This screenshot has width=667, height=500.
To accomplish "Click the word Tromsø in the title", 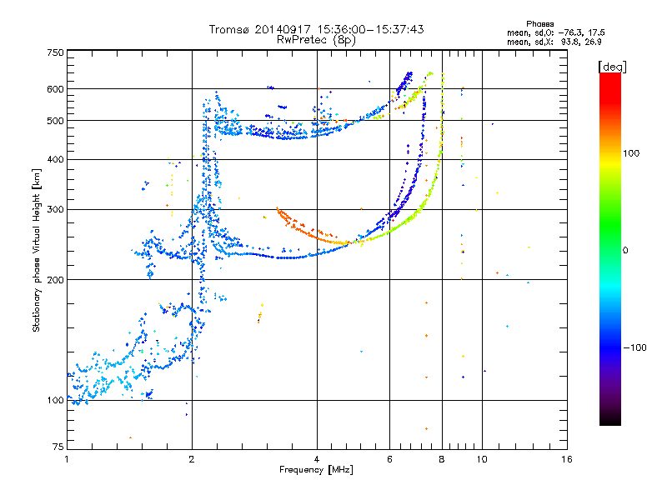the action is pos(230,29).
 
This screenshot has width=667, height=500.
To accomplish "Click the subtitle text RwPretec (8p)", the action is pos(316,40).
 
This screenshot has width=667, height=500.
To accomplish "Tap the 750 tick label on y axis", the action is pos(56,52).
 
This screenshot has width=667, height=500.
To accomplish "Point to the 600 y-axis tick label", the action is pos(56,89).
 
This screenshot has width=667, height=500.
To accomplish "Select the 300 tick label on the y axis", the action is pos(56,210).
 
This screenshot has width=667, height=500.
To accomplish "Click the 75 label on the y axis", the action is pos(58,447).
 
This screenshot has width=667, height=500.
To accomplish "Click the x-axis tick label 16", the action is pos(567,459).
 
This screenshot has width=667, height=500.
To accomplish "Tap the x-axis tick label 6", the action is pos(389,459).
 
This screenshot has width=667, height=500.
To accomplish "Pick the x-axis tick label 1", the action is pos(67,459).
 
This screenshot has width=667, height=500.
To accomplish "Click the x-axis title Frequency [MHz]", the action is pos(316,470).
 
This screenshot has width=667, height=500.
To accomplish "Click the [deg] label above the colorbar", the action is pos(612,67).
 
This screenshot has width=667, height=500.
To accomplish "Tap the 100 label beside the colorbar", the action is pos(631,153).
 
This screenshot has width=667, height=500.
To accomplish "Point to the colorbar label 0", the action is pos(625,251).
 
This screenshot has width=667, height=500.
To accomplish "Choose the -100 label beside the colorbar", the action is pos(635,347).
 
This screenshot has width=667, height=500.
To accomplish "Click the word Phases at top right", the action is pos(539,24).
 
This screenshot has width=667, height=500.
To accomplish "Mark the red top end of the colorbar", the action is pos(610,74).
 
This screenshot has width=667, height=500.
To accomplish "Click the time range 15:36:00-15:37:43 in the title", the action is pos(370,29).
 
